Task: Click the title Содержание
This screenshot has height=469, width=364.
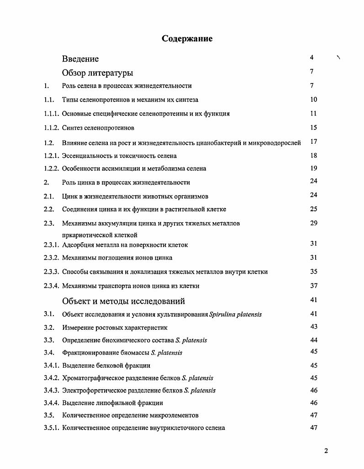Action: (x=187, y=39)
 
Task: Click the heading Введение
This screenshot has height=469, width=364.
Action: (x=80, y=59)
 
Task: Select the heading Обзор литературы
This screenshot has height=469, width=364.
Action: (x=97, y=73)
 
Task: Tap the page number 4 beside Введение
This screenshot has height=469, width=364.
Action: (x=311, y=57)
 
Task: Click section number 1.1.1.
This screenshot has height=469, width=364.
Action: (x=52, y=114)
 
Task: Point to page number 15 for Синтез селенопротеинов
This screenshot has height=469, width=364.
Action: (x=313, y=127)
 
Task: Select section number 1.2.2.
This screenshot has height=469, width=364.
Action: (x=52, y=168)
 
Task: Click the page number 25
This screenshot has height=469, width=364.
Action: (x=313, y=209)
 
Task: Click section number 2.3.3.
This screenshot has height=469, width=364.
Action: (x=52, y=271)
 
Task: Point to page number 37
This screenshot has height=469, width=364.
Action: (x=313, y=286)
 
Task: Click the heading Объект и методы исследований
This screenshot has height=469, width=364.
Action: (x=123, y=301)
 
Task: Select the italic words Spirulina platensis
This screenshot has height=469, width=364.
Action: (x=235, y=314)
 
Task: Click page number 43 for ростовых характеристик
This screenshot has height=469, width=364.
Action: (x=313, y=327)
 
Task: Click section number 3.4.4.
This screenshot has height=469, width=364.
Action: (x=52, y=403)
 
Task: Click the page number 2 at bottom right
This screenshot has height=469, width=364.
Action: (x=326, y=451)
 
